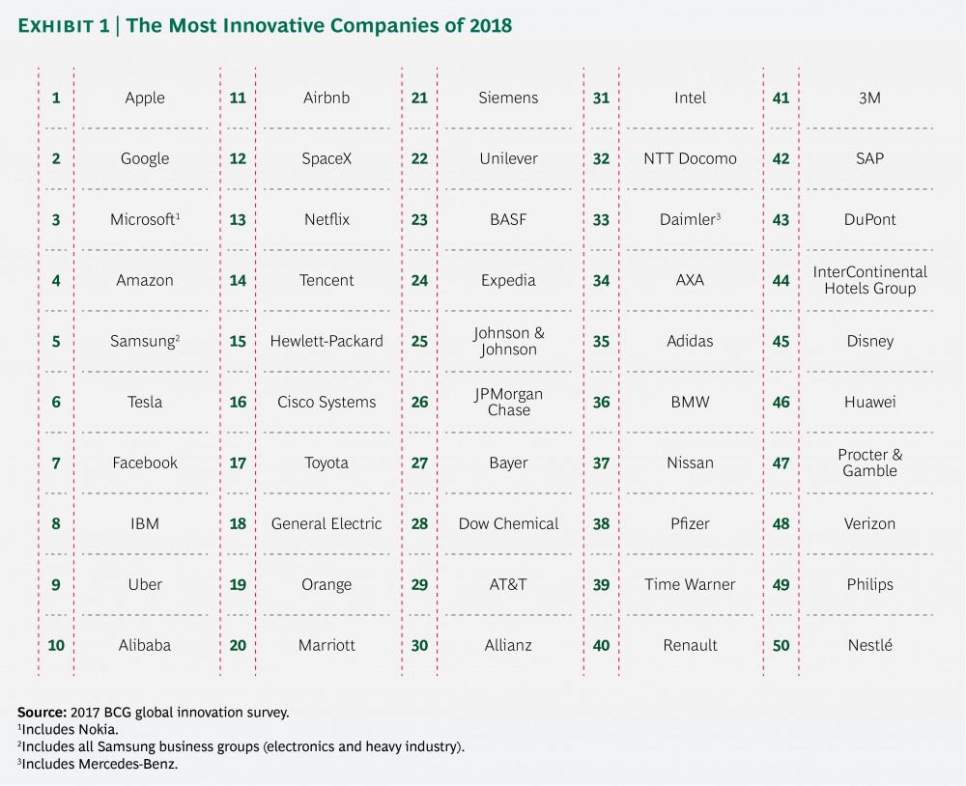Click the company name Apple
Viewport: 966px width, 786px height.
coord(145,98)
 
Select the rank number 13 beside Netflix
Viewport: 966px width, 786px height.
coord(238,219)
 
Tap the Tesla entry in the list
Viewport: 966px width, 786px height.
coord(145,402)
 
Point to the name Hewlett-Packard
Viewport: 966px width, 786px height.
coord(327,341)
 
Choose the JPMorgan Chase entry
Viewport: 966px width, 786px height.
coord(508,402)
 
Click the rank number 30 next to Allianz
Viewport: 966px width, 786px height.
coord(419,645)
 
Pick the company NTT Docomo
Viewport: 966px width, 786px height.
coord(690,158)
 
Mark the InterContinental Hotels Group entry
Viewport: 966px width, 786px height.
coord(869,280)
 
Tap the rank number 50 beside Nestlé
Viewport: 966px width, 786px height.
coord(781,645)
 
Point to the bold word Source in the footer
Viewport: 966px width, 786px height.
coord(42,711)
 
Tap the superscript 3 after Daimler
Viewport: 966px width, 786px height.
coord(719,214)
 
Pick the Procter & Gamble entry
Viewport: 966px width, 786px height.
coord(869,463)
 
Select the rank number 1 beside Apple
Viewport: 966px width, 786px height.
coord(56,98)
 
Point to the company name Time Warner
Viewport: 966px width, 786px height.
coord(690,584)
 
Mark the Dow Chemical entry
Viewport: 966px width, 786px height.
coord(508,523)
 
